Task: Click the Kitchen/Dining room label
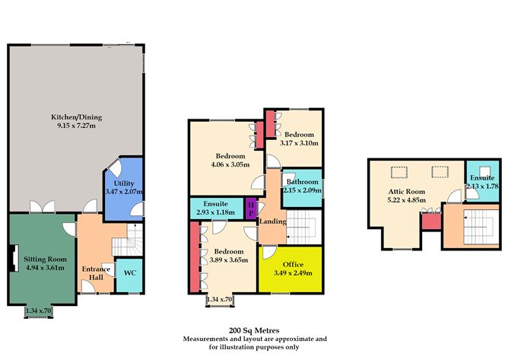click(x=76, y=117)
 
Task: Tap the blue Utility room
click(x=122, y=186)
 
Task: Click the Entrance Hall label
click(x=96, y=274)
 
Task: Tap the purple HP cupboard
click(x=249, y=208)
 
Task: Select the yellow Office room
click(x=289, y=269)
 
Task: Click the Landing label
click(x=271, y=221)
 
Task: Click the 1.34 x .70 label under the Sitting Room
click(x=40, y=311)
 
